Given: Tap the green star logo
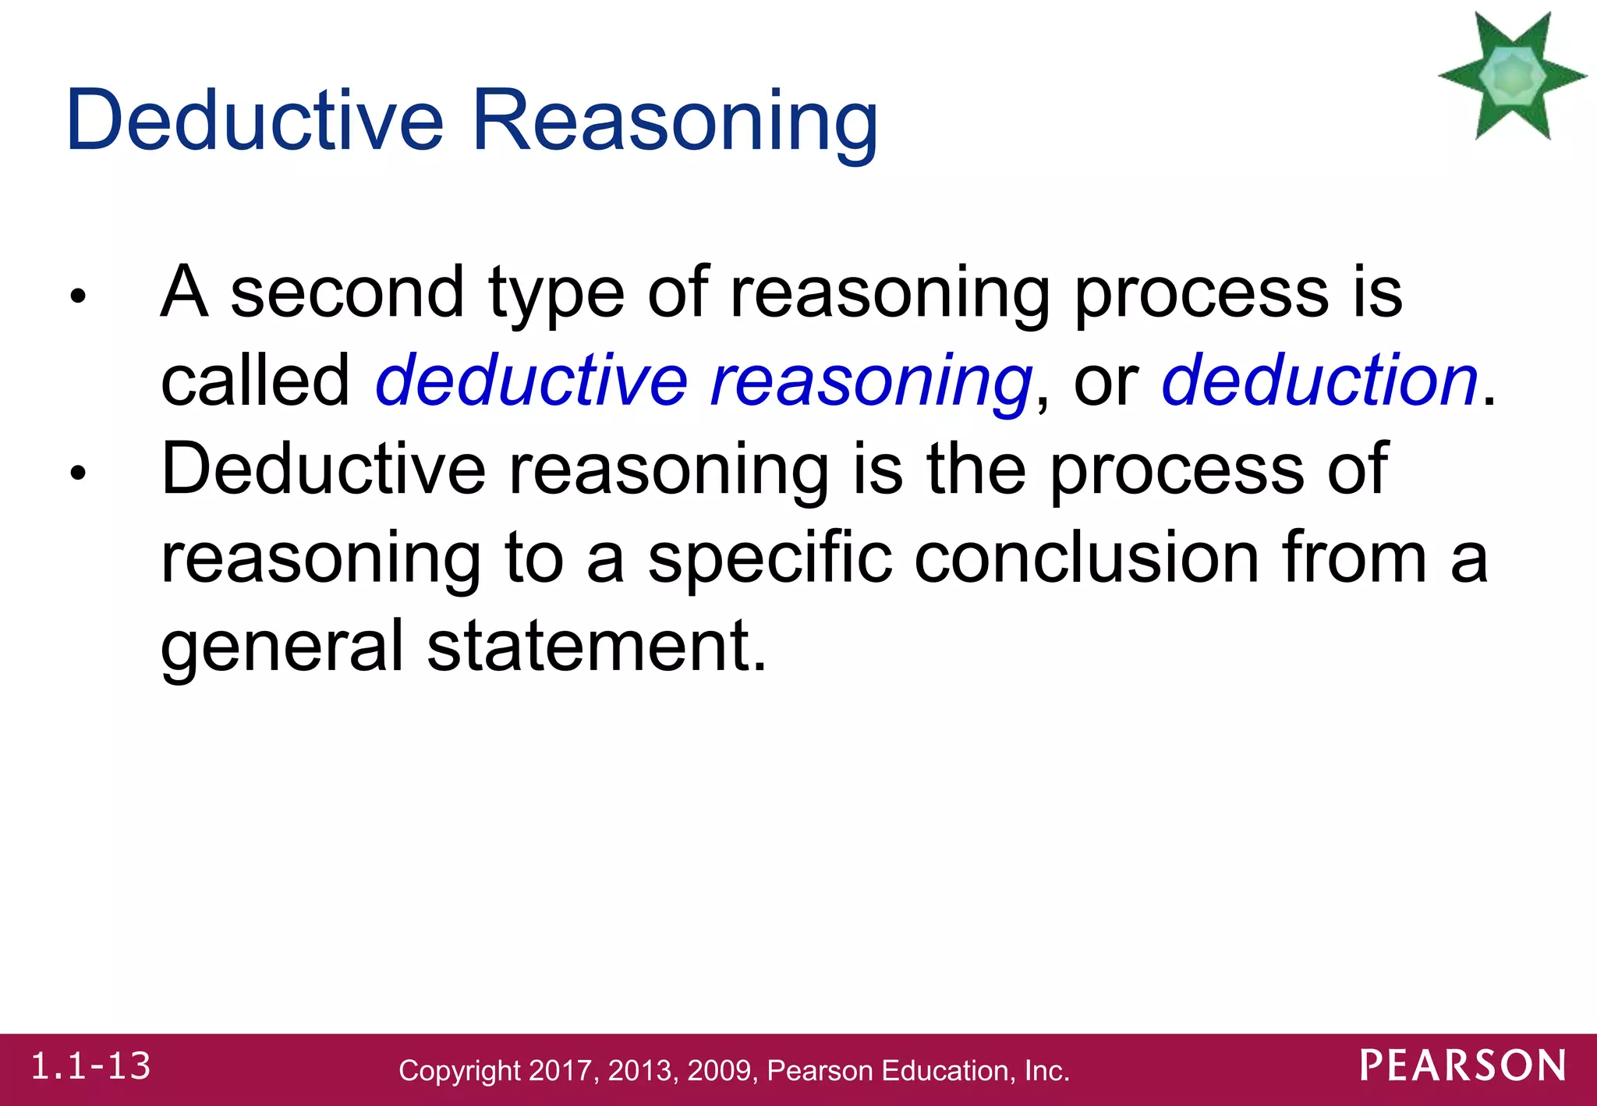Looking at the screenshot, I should pos(1512,76).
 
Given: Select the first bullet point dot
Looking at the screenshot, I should pos(76,296).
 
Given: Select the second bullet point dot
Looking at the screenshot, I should pos(76,473).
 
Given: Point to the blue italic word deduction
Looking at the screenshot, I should pos(1319,381).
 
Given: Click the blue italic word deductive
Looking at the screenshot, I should pos(531,381).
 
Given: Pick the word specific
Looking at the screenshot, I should pos(770,560).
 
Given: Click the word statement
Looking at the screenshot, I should pos(597,647).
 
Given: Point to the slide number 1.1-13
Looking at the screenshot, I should pos(90,1067).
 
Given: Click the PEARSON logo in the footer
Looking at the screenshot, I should pos(1463,1066).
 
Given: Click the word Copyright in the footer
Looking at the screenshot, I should pos(459,1072).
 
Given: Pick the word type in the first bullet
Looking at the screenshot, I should pos(556,295).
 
